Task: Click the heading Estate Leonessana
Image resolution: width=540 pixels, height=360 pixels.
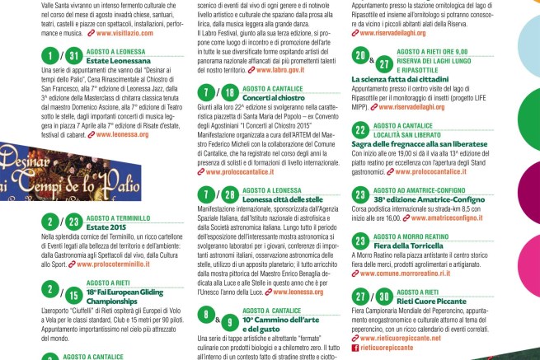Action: tap(110, 61)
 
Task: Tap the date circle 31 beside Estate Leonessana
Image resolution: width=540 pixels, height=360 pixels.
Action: tap(73, 56)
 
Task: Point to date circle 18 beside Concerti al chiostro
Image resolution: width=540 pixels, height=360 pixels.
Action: tap(230, 92)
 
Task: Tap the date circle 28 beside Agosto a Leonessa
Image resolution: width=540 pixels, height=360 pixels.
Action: tap(230, 194)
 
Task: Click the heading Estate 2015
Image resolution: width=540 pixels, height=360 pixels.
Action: tap(106, 226)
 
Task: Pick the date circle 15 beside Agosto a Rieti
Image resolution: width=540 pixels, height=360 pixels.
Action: tap(73, 294)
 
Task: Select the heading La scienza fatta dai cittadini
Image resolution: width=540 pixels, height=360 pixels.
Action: tap(398, 79)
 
